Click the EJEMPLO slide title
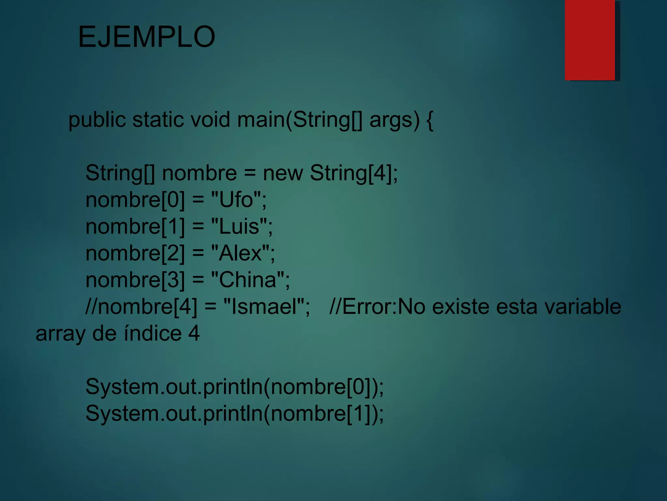point(147,37)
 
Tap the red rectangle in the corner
point(589,40)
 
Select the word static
point(158,119)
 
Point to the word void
point(210,119)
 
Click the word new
point(283,173)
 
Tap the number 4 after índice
point(194,333)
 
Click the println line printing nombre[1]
point(234,414)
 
